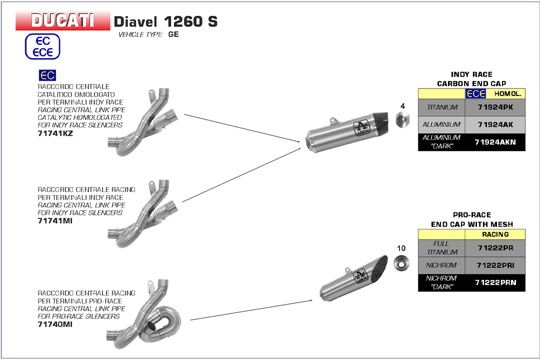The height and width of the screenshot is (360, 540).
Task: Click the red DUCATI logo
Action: pos(62,20)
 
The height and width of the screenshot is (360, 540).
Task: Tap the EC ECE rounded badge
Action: pos(42,47)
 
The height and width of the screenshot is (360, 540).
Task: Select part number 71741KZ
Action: pos(55,133)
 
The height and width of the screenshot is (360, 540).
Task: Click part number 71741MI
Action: pos(55,220)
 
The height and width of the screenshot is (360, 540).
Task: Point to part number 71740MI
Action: pos(55,324)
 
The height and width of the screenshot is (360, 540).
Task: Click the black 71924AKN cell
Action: pos(495,142)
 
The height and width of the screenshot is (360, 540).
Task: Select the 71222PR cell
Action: pos(495,248)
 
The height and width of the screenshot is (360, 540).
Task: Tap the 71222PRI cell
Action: pos(495,265)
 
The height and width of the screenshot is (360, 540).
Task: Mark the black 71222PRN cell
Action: pos(495,282)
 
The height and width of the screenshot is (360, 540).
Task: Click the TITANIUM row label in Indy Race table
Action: pos(442,107)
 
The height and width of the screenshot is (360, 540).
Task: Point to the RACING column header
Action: pos(495,234)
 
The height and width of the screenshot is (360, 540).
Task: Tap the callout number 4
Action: pos(402,106)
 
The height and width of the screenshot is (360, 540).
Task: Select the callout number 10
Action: pos(401,248)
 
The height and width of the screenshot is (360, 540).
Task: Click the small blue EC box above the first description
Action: pos(47,75)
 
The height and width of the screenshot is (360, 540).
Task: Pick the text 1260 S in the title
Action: pos(190,21)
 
